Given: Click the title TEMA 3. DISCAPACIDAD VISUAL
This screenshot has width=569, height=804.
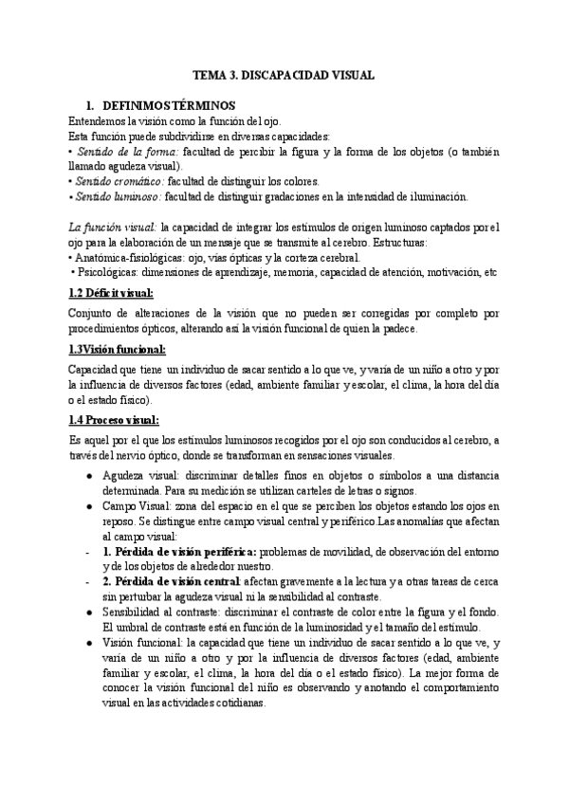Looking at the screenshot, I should tap(284, 73).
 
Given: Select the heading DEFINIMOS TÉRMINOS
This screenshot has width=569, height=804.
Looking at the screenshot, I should tap(167, 106).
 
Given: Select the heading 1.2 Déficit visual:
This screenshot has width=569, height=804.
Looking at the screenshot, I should tap(112, 293).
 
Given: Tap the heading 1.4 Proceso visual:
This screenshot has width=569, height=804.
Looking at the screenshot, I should tap(114, 420).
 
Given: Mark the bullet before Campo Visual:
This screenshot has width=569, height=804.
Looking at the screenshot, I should tap(88, 505).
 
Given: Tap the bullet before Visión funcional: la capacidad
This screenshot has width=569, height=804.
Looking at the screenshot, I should tap(88, 642).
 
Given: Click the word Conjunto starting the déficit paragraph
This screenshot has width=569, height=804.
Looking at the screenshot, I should tap(95, 312).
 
